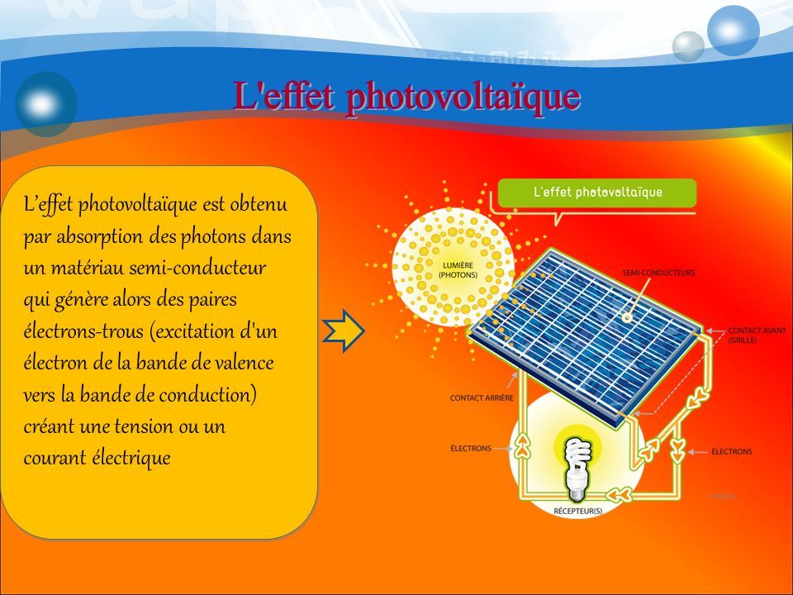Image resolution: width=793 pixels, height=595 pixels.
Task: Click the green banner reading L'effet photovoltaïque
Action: pyautogui.click(x=597, y=193)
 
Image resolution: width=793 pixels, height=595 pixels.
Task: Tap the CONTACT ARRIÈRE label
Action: pyautogui.click(x=482, y=397)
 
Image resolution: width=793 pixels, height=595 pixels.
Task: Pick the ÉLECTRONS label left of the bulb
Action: pyautogui.click(x=471, y=448)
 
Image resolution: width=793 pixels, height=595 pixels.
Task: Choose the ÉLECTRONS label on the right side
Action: pyautogui.click(x=731, y=451)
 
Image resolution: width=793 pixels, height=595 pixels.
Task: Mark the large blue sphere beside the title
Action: pyautogui.click(x=45, y=103)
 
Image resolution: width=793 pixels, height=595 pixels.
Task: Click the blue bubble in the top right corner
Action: pyautogui.click(x=733, y=29)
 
